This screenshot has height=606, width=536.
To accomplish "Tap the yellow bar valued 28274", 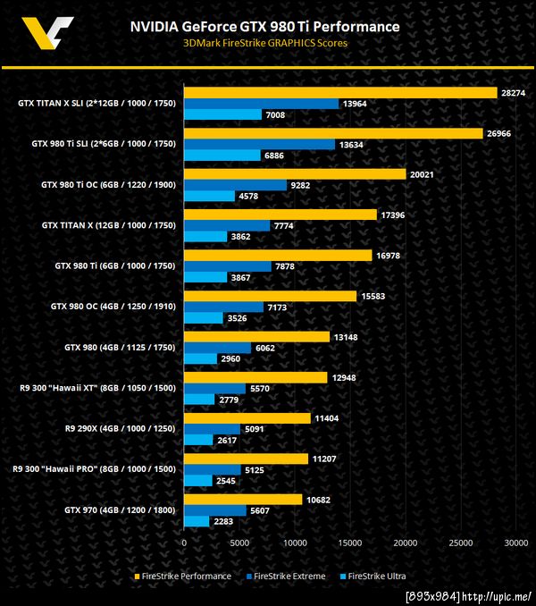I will coord(339,92).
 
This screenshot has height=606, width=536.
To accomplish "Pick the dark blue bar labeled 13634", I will coord(259,144).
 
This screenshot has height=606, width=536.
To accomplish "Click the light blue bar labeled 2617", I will coord(198,440).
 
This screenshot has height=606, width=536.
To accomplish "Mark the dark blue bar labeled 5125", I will coord(212,469).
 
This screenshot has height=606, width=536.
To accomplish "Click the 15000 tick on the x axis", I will coord(349,542).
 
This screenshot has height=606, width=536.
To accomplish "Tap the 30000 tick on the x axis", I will coord(515,542).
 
